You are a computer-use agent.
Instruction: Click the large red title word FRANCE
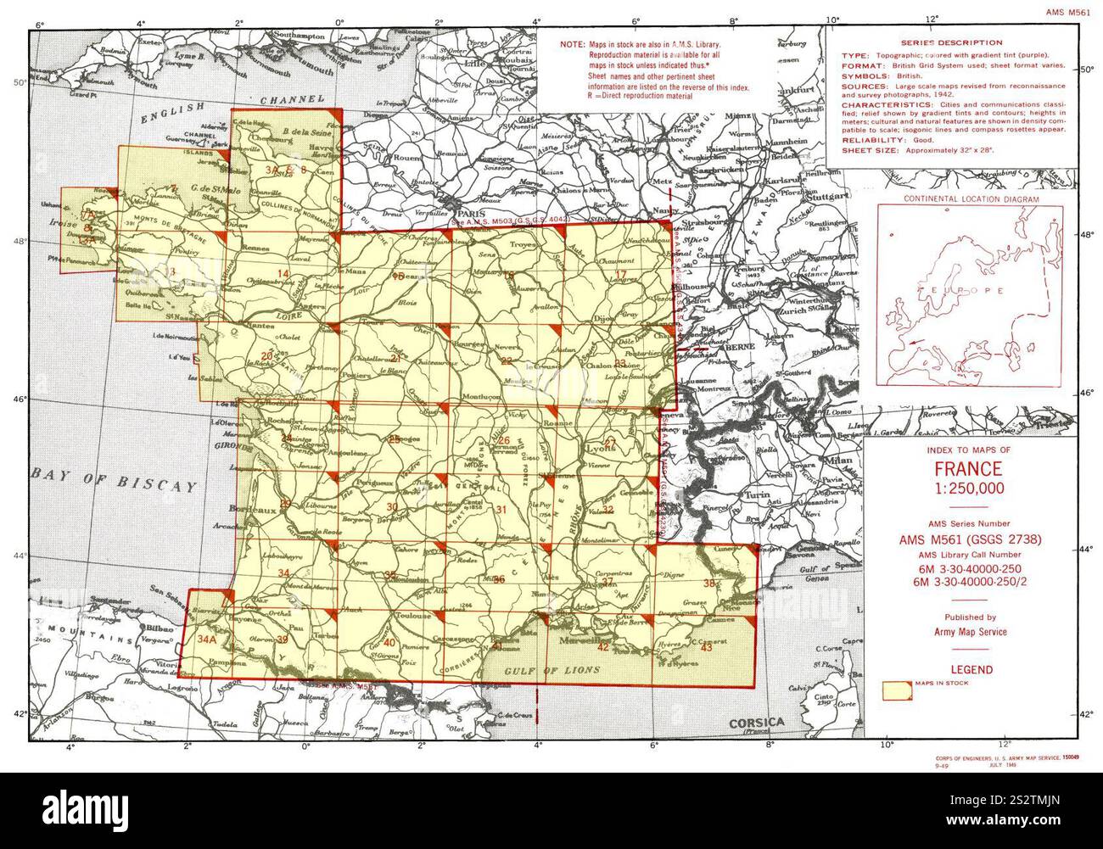[x=968, y=469]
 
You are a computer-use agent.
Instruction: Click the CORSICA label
[x=757, y=722]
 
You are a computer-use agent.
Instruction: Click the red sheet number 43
[x=707, y=648]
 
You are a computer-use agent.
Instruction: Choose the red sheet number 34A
[x=207, y=640]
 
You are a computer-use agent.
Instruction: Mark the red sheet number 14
[x=283, y=273]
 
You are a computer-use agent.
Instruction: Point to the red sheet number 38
[x=709, y=583]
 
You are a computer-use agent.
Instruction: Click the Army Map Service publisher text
[x=967, y=632]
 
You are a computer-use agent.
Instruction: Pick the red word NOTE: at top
[x=572, y=42]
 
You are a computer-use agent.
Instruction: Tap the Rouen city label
[x=406, y=157]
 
